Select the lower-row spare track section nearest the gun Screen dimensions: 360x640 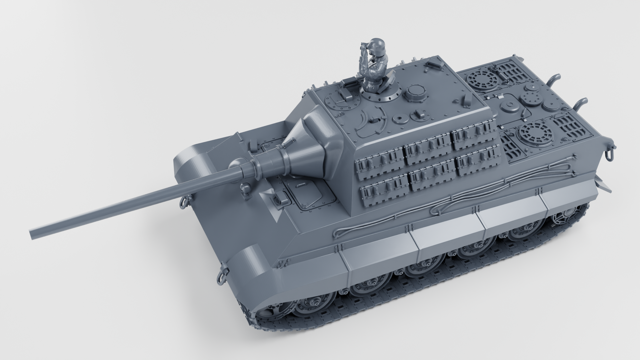click(383, 190)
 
